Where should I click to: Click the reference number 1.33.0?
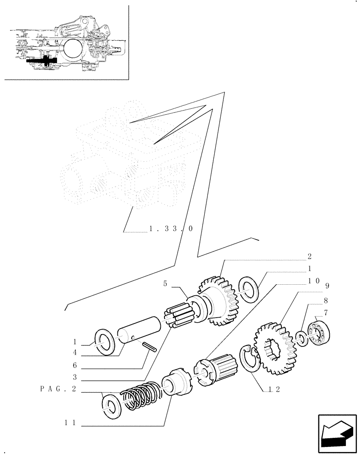pyautogui.click(x=171, y=228)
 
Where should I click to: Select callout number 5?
pyautogui.click(x=165, y=284)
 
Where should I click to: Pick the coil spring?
pyautogui.click(x=140, y=394)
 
